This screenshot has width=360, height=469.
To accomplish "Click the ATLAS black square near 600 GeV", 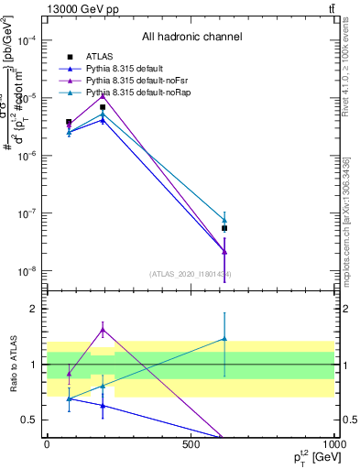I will (224, 228).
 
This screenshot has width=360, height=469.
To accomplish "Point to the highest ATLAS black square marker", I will (103, 107).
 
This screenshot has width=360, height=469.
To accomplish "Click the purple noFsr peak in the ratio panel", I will (103, 329).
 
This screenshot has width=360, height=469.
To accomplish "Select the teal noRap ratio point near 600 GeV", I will (224, 339).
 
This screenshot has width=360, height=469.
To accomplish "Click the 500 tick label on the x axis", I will (191, 444).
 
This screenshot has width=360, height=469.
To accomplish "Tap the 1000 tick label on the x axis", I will (333, 444).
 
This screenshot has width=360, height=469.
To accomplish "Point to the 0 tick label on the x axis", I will (47, 444).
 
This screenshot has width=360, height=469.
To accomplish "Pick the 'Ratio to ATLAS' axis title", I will (15, 365).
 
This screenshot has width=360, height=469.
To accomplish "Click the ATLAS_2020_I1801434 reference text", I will (191, 273).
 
